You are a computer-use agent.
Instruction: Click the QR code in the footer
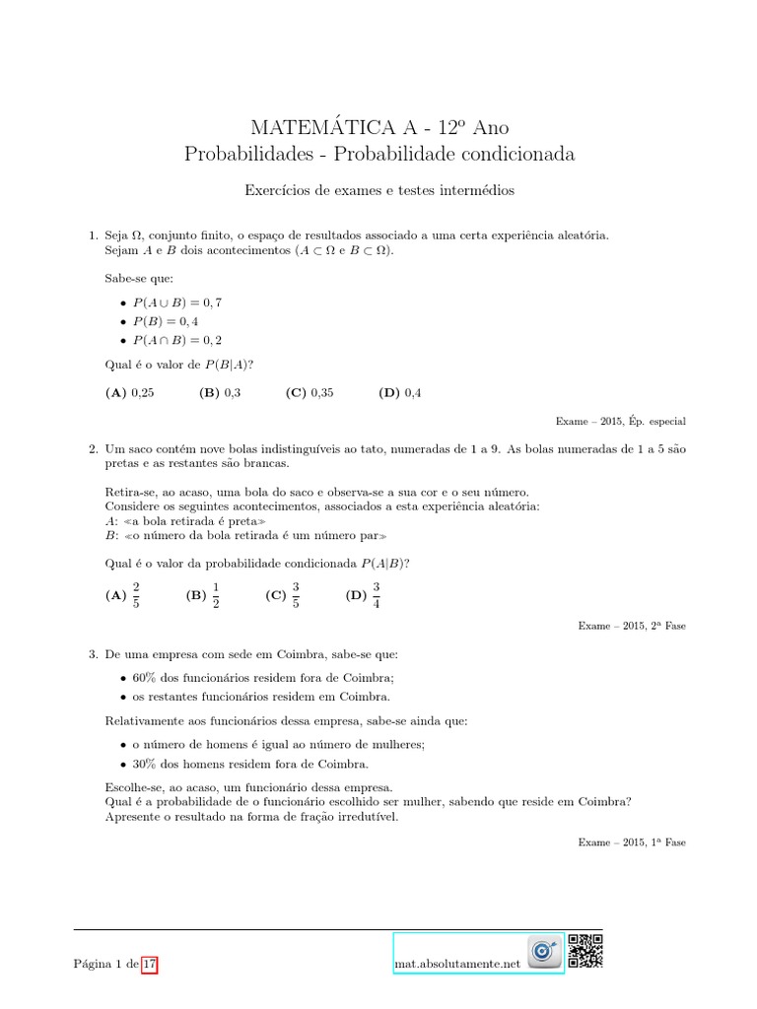click(585, 950)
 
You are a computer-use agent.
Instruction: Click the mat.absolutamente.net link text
click(454, 964)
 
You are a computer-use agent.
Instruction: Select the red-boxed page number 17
click(149, 964)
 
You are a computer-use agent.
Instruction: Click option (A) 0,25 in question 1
click(129, 392)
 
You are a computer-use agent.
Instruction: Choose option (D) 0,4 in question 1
click(399, 392)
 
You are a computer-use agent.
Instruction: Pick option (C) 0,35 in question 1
click(310, 392)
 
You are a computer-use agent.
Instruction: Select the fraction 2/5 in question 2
click(136, 595)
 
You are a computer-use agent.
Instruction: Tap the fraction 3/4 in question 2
click(377, 595)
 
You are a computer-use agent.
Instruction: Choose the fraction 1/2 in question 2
click(216, 595)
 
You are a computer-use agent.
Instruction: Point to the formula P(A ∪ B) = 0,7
click(177, 303)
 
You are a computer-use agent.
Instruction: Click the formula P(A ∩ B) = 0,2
click(177, 340)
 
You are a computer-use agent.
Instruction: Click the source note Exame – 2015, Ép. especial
click(620, 421)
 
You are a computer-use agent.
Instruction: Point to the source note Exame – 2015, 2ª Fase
click(631, 625)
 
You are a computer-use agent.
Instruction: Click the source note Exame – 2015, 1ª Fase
click(631, 842)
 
